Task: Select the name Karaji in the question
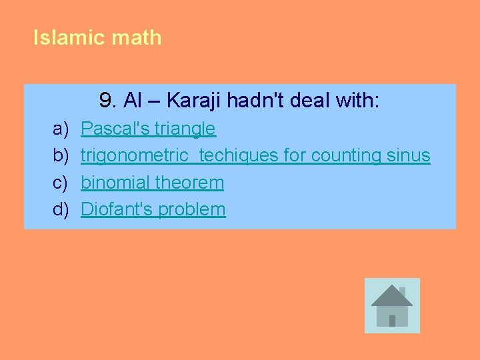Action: [194, 101]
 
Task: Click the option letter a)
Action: [61, 129]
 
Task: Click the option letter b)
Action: [61, 155]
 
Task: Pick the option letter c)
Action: [61, 183]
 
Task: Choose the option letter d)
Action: [61, 209]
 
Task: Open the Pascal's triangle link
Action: [148, 129]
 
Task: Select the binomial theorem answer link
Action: [152, 183]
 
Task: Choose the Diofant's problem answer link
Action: [153, 209]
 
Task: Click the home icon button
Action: [392, 305]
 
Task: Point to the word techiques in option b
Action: [239, 155]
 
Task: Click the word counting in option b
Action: [346, 155]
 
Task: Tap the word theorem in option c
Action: [189, 183]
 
